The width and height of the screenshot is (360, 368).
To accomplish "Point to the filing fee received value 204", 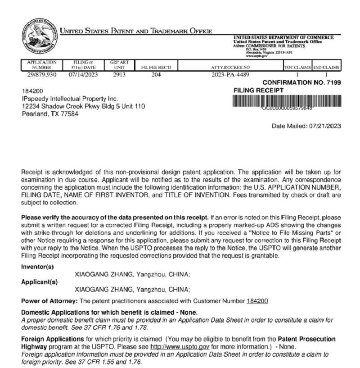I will [156, 74].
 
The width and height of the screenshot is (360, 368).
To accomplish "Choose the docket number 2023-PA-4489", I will [230, 74].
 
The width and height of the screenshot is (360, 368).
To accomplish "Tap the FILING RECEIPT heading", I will [259, 91].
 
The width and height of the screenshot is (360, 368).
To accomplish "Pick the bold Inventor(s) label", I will [37, 267].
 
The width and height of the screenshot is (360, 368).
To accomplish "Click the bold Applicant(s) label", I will [40, 282].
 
